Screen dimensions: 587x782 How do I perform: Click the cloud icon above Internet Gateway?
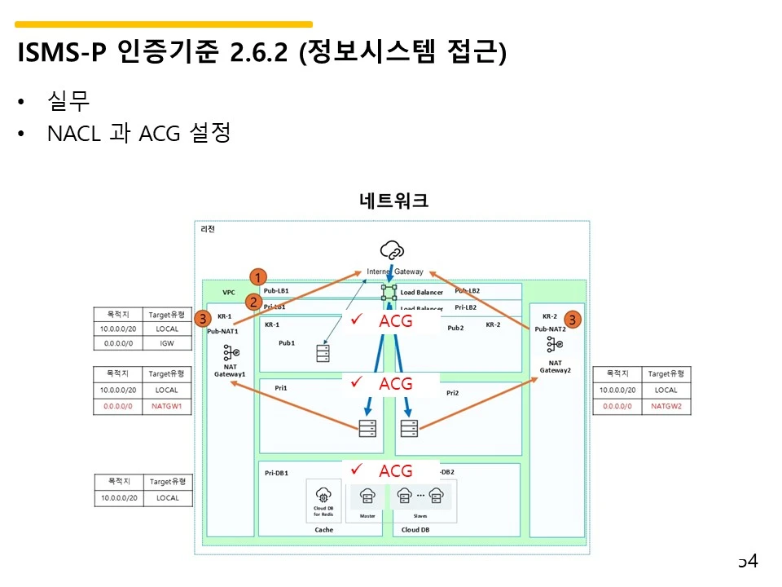(392, 249)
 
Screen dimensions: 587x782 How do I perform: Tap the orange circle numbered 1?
(257, 276)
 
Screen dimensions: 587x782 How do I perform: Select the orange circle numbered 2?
(254, 302)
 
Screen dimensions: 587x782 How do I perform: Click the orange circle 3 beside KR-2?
(573, 320)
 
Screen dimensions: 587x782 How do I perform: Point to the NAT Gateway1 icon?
(231, 352)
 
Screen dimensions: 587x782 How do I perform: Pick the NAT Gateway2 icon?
(556, 344)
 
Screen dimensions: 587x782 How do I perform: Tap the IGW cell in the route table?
(167, 343)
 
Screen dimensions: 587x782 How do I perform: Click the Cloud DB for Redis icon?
(323, 495)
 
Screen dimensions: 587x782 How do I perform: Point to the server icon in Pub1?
(323, 353)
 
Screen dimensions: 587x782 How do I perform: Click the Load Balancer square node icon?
(389, 291)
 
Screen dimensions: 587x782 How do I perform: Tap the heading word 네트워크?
(393, 201)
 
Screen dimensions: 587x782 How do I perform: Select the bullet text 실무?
(69, 101)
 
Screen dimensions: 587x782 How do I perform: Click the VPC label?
(229, 291)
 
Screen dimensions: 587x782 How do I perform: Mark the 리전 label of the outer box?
(208, 229)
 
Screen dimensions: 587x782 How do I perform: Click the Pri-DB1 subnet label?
(276, 472)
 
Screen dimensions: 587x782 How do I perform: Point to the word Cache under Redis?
(323, 530)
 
